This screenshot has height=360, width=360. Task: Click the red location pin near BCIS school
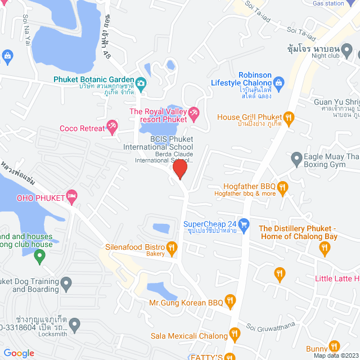(180, 169)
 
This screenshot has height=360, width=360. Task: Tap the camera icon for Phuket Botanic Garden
(141, 84)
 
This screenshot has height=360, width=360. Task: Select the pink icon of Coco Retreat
(112, 128)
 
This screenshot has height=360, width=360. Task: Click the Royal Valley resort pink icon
(193, 114)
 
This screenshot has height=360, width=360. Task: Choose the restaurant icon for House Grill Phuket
(289, 117)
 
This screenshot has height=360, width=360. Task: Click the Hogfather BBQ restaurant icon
(283, 186)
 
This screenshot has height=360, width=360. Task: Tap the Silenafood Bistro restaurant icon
(172, 247)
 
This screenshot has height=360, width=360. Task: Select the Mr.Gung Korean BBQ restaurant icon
(229, 301)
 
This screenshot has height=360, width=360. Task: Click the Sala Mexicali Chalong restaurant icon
(235, 336)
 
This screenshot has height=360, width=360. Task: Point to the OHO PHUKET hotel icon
(71, 196)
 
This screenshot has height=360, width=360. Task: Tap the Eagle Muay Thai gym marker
(296, 159)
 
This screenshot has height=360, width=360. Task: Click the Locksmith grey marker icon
(74, 325)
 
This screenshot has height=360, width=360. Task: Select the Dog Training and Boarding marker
(66, 285)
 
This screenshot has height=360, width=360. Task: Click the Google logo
(19, 353)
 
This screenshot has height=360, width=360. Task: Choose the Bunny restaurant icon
(335, 347)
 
